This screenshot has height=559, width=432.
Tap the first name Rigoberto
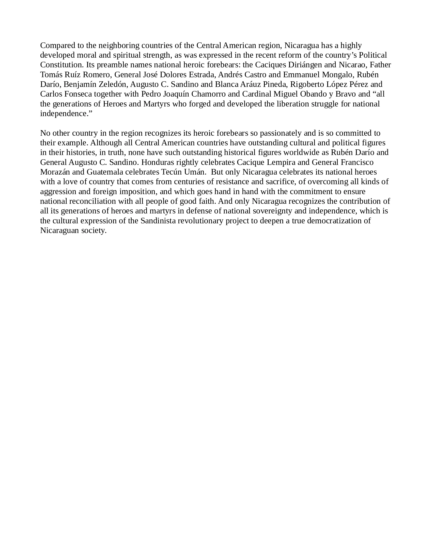point(304,84)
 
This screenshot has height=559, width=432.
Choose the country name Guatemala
point(105,172)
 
